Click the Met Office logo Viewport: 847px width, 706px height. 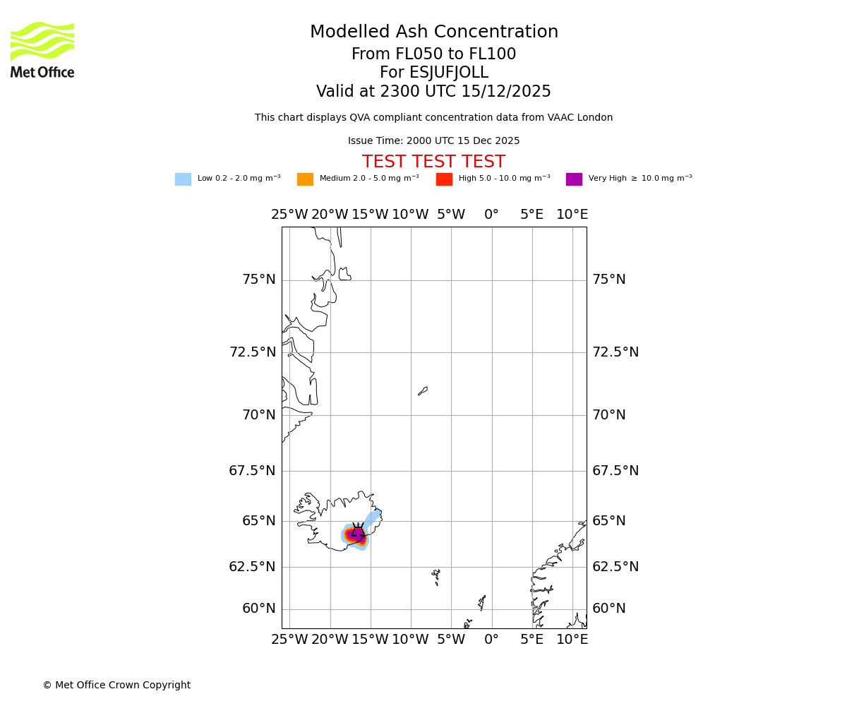[42, 49]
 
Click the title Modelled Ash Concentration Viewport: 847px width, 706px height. [433, 32]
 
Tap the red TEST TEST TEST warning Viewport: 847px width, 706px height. [433, 162]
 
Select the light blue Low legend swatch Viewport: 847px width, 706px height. [183, 179]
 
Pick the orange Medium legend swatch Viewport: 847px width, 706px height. [305, 179]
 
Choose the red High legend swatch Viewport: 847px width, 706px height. [444, 179]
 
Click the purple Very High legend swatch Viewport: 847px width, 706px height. [574, 179]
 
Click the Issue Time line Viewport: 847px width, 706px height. [433, 141]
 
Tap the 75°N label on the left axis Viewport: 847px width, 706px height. [259, 280]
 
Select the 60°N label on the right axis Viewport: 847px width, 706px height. [608, 609]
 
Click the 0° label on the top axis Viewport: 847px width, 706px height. [491, 215]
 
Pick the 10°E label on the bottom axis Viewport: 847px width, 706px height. [572, 640]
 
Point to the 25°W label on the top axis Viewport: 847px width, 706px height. [289, 215]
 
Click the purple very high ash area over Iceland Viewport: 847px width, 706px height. [357, 534]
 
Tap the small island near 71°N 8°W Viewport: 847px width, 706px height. [423, 390]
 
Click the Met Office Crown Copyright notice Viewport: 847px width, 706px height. [116, 685]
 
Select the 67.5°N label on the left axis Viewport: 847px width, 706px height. [252, 471]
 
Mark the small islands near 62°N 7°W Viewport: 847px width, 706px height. [436, 577]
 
